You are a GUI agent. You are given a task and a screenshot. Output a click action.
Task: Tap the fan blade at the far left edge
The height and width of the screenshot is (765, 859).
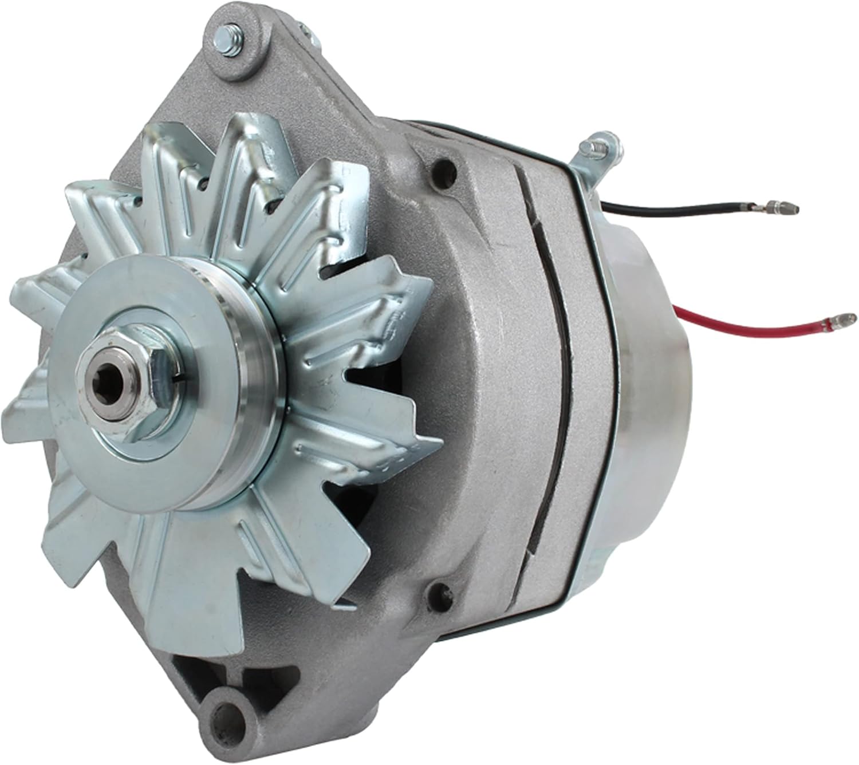pyautogui.click(x=23, y=401)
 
